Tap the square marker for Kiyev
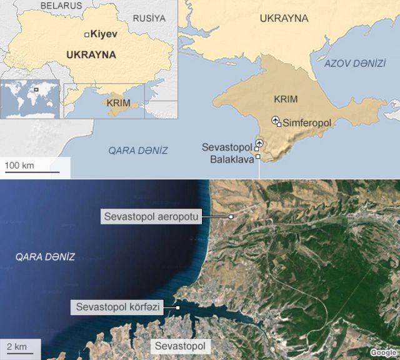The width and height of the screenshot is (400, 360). (x=87, y=34)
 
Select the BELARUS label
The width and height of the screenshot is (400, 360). (x=61, y=6)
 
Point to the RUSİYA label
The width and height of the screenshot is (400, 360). (x=149, y=18)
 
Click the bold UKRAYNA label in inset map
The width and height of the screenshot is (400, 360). (x=91, y=55)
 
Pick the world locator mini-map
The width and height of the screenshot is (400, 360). (x=30, y=99)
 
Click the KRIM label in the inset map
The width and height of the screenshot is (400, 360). (x=119, y=102)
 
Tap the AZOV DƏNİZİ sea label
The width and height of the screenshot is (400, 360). (x=354, y=64)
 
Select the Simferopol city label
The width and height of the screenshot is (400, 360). (x=307, y=124)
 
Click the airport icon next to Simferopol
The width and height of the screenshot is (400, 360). (x=275, y=120)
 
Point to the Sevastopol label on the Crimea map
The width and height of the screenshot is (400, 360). (x=226, y=147)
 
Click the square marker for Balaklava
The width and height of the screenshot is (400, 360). (x=257, y=157)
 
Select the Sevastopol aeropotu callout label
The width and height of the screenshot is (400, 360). (x=152, y=216)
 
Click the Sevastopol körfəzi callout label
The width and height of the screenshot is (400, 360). (x=117, y=307)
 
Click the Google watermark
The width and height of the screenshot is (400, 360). (x=383, y=353)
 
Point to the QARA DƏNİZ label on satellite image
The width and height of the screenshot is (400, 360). (x=45, y=257)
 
